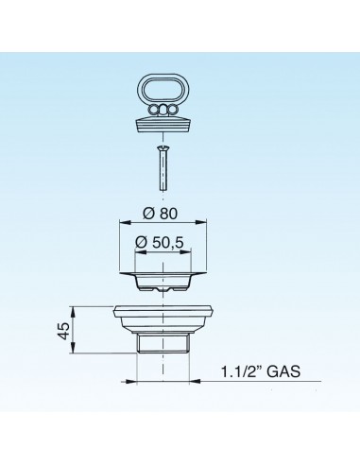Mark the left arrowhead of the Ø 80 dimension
[120, 223]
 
